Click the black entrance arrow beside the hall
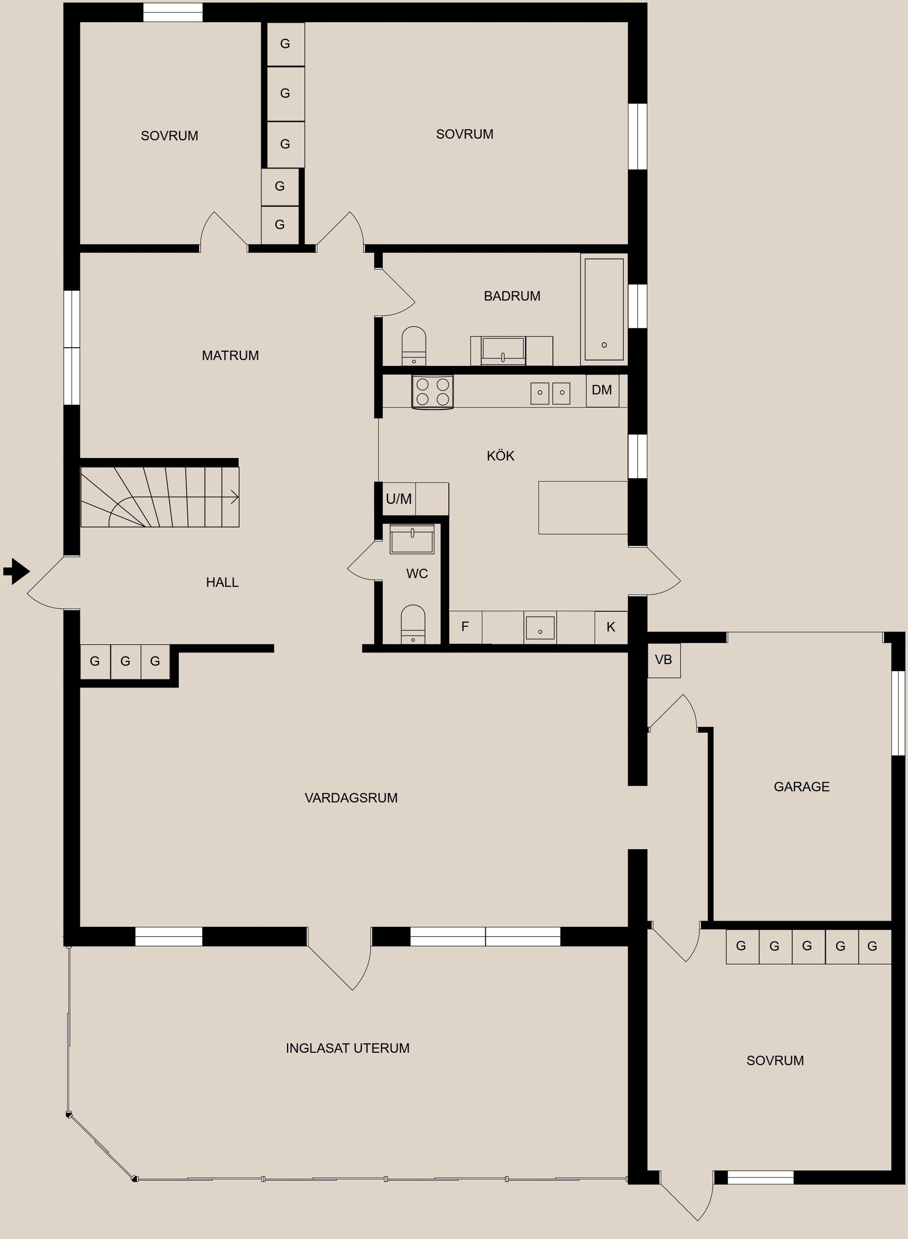[17, 571]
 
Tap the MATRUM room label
[230, 356]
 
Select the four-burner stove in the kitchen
[433, 392]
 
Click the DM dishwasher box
[602, 390]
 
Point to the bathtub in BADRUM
[604, 309]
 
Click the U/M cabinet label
[399, 499]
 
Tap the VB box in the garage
[664, 659]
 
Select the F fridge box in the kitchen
[465, 627]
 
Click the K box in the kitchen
[611, 627]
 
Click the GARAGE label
[802, 787]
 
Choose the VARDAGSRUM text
[351, 798]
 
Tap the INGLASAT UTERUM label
[348, 1048]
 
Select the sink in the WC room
[412, 539]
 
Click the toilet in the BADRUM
[414, 346]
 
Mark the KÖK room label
[500, 456]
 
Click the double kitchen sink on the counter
[550, 393]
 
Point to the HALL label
[222, 582]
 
